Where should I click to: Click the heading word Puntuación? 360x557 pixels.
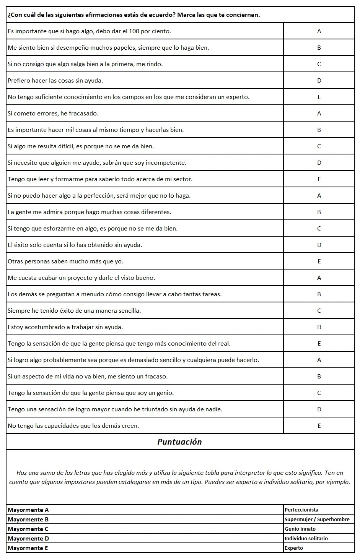point(179,442)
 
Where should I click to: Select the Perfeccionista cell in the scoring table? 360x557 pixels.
point(301,510)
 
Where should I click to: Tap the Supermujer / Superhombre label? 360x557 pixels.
point(317,519)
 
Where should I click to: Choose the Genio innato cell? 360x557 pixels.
point(300,529)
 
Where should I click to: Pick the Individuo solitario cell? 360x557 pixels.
point(306,538)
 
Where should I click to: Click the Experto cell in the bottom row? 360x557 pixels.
point(294,548)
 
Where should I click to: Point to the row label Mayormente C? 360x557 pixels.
point(28,529)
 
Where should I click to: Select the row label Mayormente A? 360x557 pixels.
point(28,510)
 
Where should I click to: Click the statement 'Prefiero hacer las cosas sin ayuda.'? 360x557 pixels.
point(55,80)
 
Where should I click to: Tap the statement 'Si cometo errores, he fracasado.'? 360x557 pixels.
point(53,113)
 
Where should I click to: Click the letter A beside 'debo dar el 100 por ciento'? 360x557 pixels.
point(319,31)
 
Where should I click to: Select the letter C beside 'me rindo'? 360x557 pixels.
point(319,64)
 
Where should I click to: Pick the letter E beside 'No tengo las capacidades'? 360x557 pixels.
point(319,425)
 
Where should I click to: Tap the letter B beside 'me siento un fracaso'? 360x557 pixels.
point(319,376)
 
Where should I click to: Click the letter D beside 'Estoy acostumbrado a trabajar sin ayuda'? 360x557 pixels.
point(319,327)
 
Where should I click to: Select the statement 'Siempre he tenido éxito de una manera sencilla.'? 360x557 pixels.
point(74,310)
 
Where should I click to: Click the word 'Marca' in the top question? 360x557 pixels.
point(187,15)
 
